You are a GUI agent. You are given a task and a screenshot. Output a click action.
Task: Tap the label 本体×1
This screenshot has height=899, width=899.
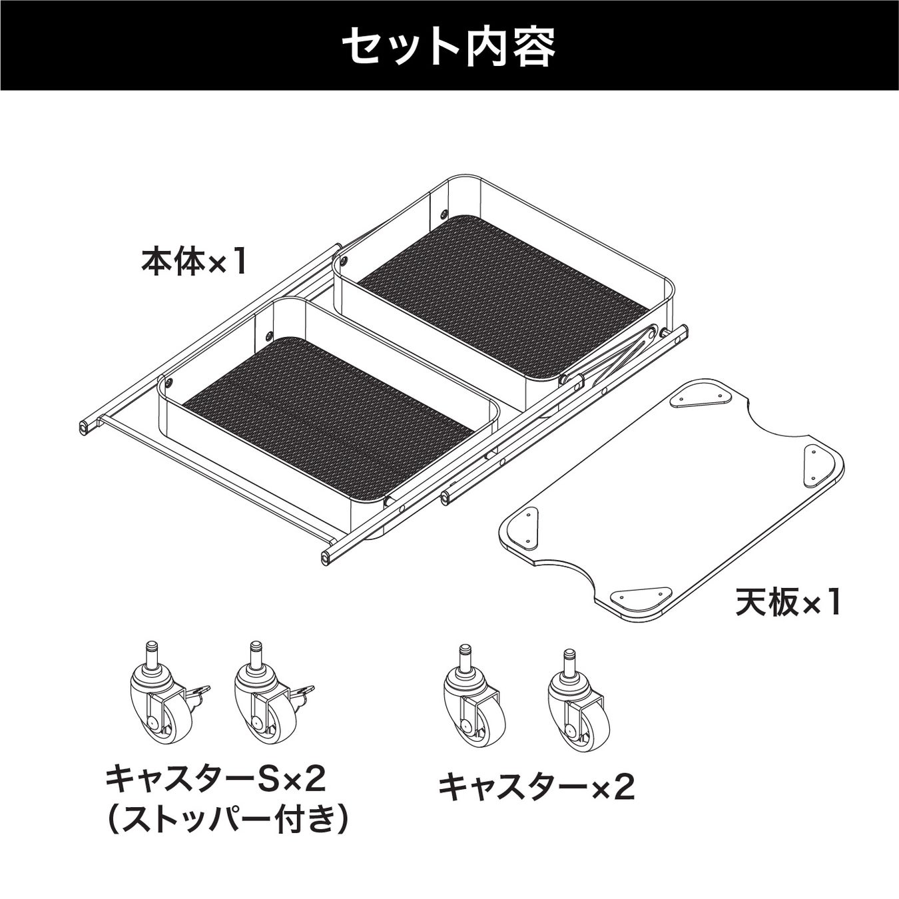pos(194,262)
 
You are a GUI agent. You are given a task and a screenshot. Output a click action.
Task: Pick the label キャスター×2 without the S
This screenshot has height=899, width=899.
pos(536,788)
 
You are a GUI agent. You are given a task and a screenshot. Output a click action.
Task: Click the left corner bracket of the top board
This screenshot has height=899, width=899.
pos(525,523)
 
